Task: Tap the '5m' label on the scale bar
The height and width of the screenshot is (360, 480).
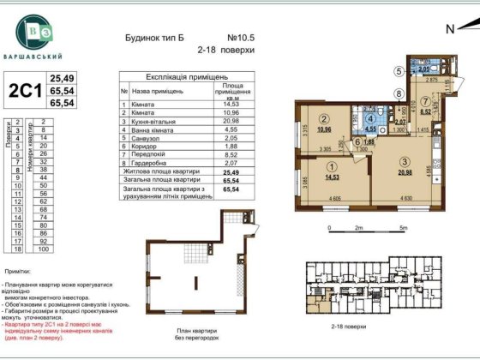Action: coord(403,229)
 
